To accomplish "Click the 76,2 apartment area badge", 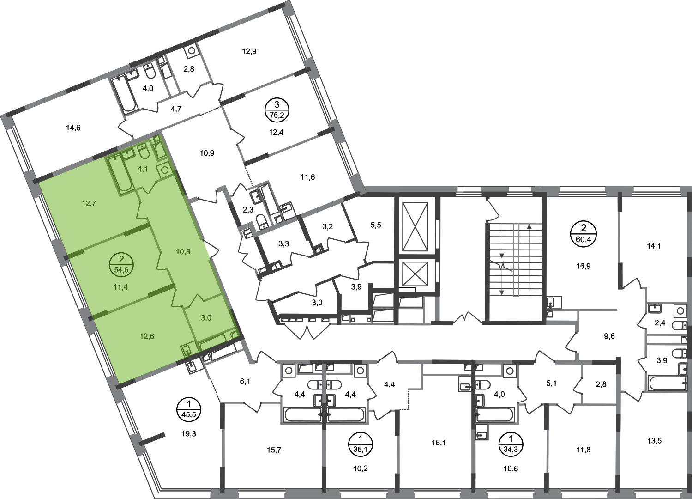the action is click(x=277, y=110).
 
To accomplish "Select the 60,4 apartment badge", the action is click(x=583, y=233).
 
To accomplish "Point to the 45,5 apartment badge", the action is click(x=189, y=409).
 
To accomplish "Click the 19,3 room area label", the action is click(x=188, y=434).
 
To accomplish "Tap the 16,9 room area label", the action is click(x=583, y=266).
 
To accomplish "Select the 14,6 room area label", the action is click(x=73, y=128).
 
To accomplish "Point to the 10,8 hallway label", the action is click(x=183, y=252).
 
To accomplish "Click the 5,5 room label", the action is click(x=376, y=225).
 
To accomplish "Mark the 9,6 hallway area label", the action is click(x=609, y=336).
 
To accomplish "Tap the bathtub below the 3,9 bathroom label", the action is click(x=668, y=383).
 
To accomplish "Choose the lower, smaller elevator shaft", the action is click(x=415, y=274).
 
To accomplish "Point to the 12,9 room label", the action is click(x=249, y=51).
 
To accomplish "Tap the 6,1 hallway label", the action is click(x=245, y=382).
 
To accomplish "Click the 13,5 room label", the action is click(x=654, y=441).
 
